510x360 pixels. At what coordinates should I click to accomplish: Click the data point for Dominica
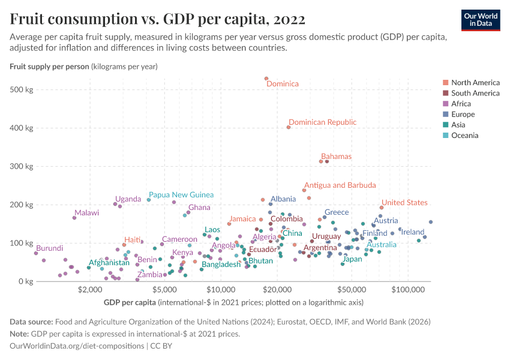click(266, 79)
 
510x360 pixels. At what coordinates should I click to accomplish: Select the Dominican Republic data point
click(289, 127)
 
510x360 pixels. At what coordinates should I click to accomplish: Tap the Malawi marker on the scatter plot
click(74, 218)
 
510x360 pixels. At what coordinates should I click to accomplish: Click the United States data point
click(382, 208)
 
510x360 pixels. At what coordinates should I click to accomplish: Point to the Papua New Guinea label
click(181, 194)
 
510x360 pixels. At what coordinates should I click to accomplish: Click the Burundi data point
click(36, 253)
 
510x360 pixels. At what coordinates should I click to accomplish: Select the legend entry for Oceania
click(464, 136)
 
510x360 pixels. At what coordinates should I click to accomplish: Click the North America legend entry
click(475, 82)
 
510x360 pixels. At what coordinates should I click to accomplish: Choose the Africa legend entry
click(462, 104)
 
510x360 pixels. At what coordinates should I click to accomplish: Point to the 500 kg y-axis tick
click(23, 90)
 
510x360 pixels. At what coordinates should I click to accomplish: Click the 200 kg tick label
click(23, 205)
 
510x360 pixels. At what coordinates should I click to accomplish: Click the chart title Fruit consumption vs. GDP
click(158, 19)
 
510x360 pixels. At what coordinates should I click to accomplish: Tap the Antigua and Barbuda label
click(340, 185)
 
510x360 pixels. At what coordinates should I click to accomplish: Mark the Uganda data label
click(128, 199)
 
